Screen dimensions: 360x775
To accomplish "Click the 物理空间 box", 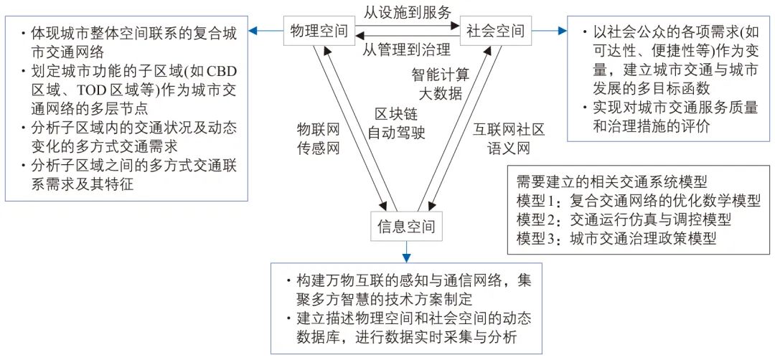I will tap(319, 31).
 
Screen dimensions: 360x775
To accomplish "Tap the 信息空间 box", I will tap(406, 227).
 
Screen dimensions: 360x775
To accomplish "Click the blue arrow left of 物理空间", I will tap(265, 31).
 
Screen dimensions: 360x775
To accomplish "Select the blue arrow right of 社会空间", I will tap(550, 31).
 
